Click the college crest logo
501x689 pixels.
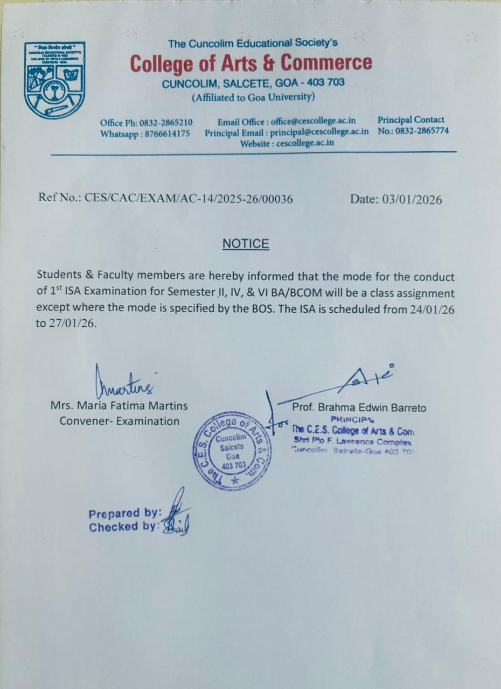click(54, 80)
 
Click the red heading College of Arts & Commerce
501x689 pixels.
click(250, 64)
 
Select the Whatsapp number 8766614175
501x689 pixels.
click(166, 133)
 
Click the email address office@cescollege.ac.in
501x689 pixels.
click(314, 122)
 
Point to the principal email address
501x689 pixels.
click(319, 132)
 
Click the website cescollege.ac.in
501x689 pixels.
click(309, 143)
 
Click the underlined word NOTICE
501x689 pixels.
click(246, 244)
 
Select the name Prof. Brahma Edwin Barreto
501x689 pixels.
click(359, 408)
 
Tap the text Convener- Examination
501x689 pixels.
click(120, 421)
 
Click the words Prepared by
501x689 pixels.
click(124, 513)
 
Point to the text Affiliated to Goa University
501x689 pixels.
click(253, 97)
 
